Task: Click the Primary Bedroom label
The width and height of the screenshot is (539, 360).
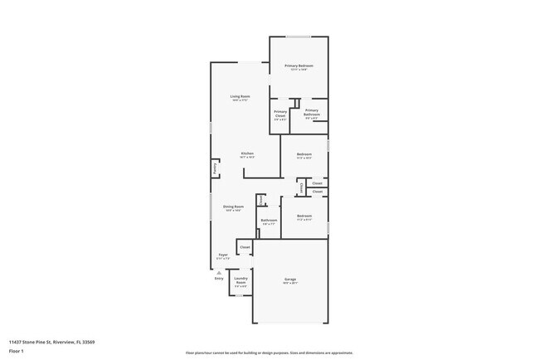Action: [299, 66]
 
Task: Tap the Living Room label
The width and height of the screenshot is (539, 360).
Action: [240, 96]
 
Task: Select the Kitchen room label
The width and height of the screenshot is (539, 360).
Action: [247, 153]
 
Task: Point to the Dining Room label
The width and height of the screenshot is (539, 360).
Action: [233, 206]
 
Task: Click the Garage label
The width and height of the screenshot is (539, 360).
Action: [289, 279]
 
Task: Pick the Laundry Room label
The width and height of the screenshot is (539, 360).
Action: [240, 280]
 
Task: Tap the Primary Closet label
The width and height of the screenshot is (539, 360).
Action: [280, 113]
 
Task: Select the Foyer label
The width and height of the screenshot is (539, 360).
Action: [222, 255]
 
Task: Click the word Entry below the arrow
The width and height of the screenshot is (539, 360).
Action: [219, 278]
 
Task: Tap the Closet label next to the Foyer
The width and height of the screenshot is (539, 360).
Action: [245, 247]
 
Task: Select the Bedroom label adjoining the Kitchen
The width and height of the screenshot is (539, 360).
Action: [304, 153]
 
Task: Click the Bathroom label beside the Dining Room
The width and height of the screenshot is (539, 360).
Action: [269, 220]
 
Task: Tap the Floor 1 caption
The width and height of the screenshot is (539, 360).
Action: [17, 351]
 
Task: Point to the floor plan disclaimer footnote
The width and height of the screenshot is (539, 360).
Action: [269, 352]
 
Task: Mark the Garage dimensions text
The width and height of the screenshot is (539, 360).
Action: [289, 283]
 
